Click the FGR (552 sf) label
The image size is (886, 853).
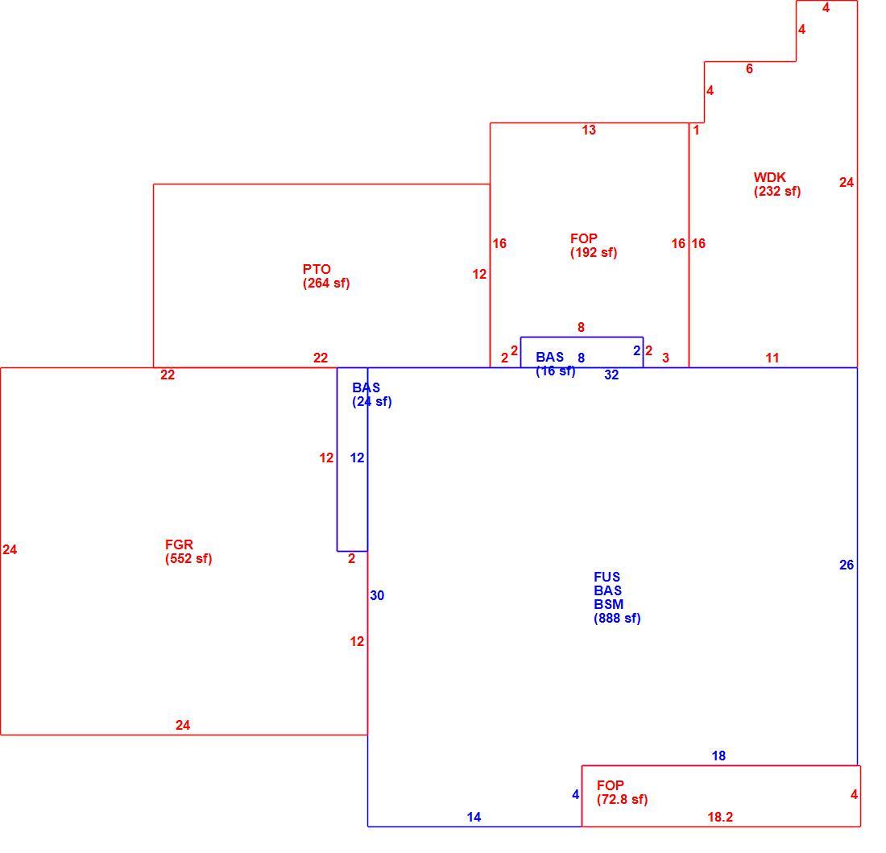click(188, 552)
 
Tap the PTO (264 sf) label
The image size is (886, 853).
click(326, 276)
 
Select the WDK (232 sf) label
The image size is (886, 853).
click(777, 184)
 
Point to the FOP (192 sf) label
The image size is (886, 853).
click(594, 246)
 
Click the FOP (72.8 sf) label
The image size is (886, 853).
click(622, 793)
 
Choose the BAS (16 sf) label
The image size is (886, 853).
click(556, 364)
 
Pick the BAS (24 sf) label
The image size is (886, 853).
click(372, 395)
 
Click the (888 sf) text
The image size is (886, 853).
click(617, 618)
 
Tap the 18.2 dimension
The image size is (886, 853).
click(720, 817)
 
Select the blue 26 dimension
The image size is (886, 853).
click(847, 565)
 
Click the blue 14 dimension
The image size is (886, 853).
click(474, 817)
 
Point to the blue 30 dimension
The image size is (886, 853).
click(377, 595)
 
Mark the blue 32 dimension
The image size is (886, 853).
click(611, 375)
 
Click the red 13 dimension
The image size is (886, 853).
click(589, 130)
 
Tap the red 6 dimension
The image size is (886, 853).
click(749, 69)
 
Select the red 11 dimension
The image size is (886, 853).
click(772, 358)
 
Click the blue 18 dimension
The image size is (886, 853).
click(718, 756)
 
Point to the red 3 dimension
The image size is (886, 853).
click(665, 358)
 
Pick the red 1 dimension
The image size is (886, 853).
click(696, 130)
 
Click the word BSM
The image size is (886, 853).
click(609, 604)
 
